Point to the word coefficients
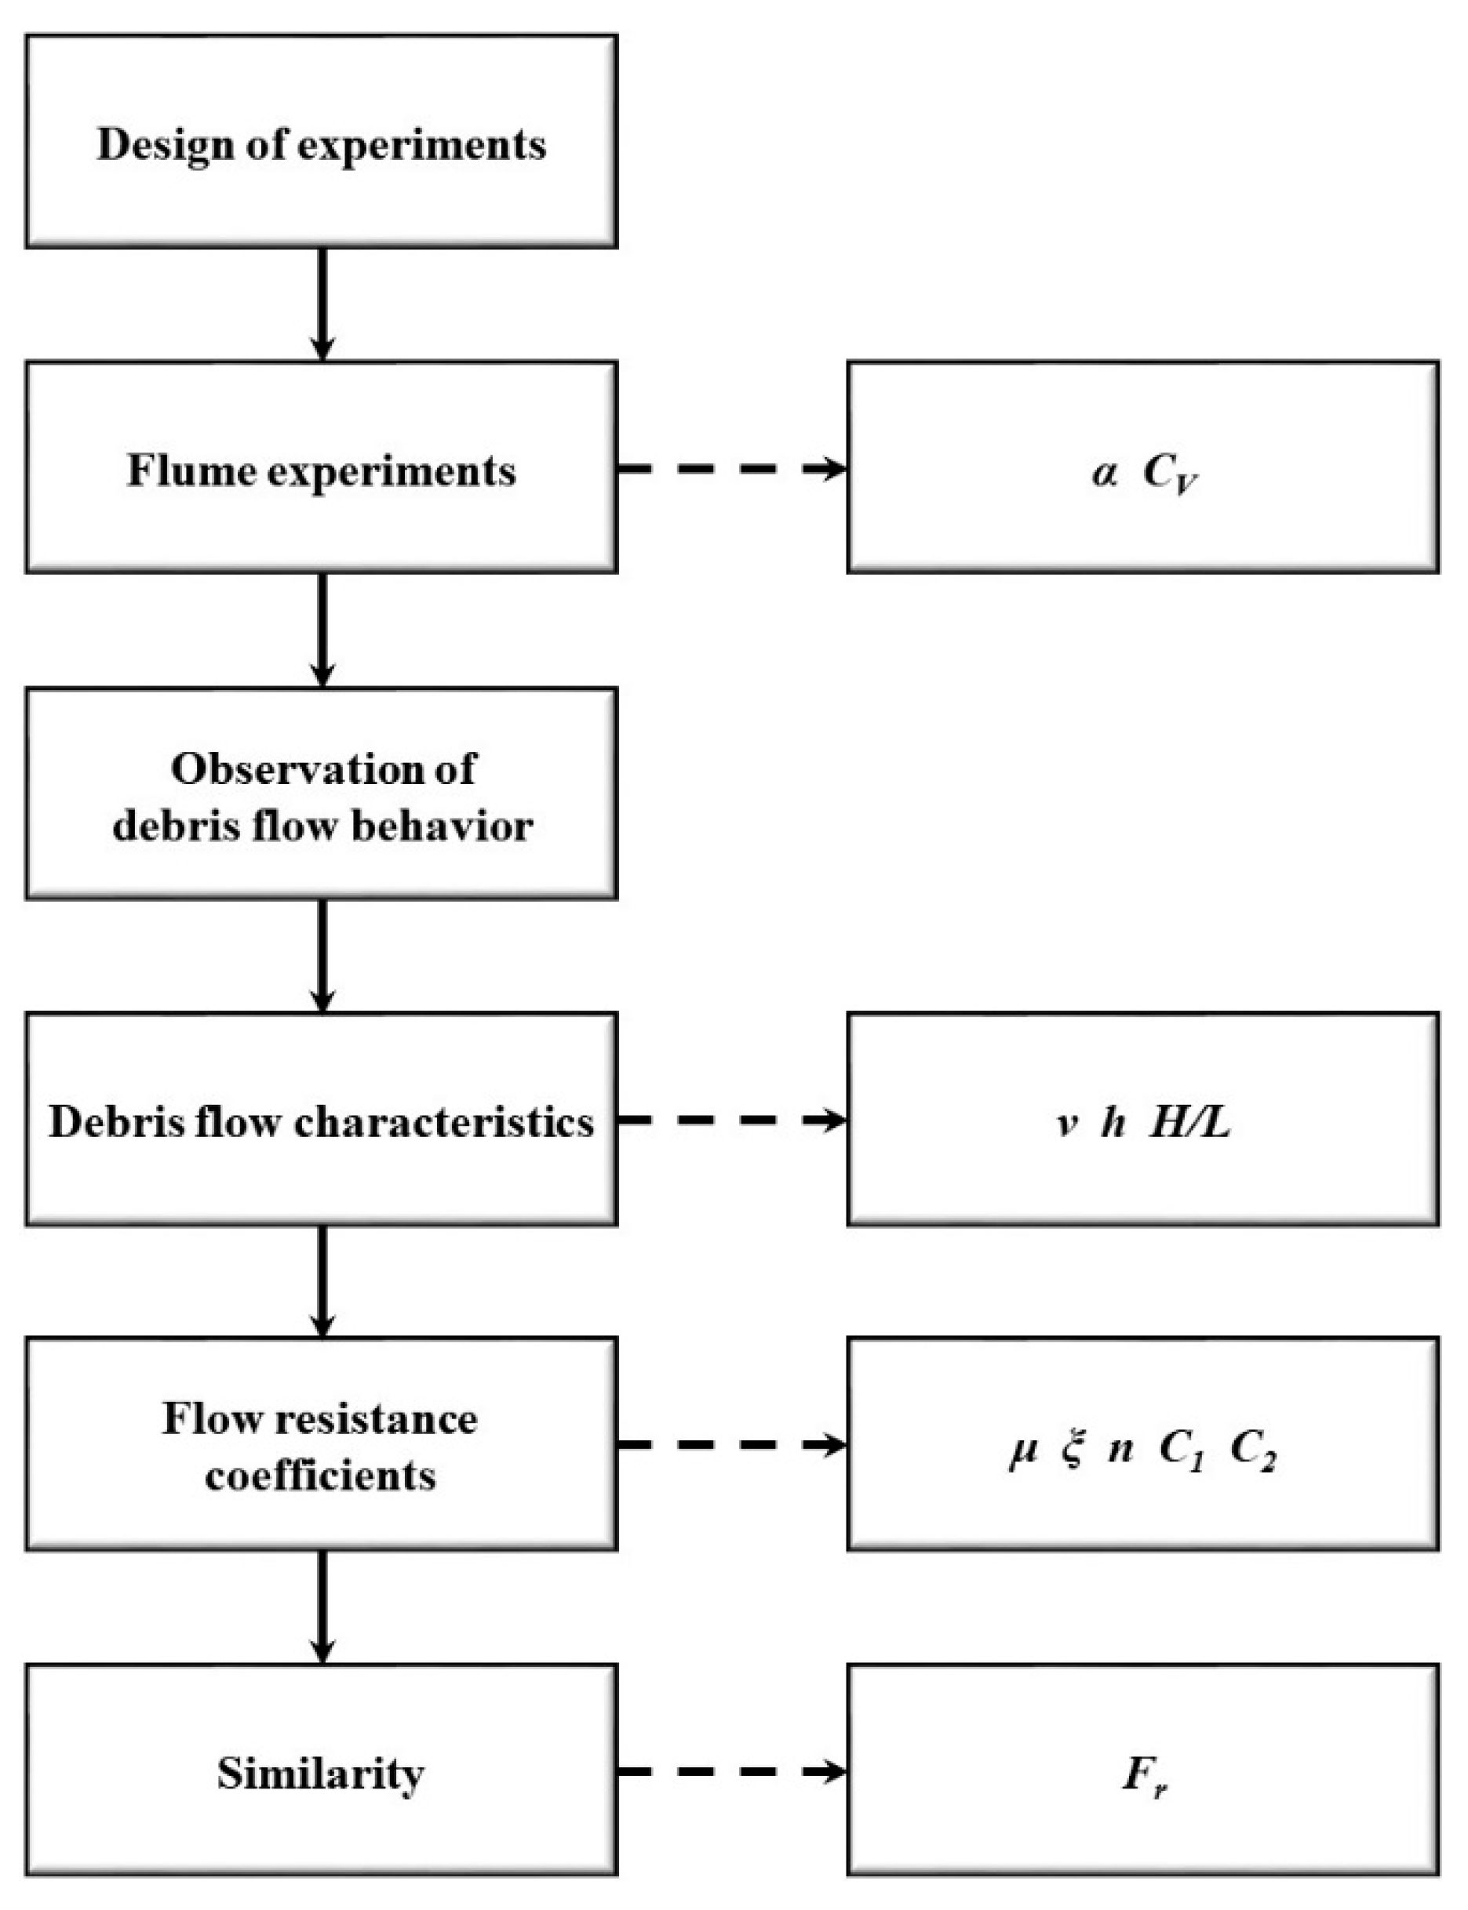[321, 1476]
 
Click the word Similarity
[321, 1774]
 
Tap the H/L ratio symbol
[1190, 1122]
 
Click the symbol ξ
[1073, 1450]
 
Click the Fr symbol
[1144, 1775]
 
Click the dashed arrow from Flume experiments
[732, 469]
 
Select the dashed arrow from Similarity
[732, 1772]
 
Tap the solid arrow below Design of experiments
[322, 303]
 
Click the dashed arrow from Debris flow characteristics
[732, 1120]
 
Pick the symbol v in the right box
[1066, 1123]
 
